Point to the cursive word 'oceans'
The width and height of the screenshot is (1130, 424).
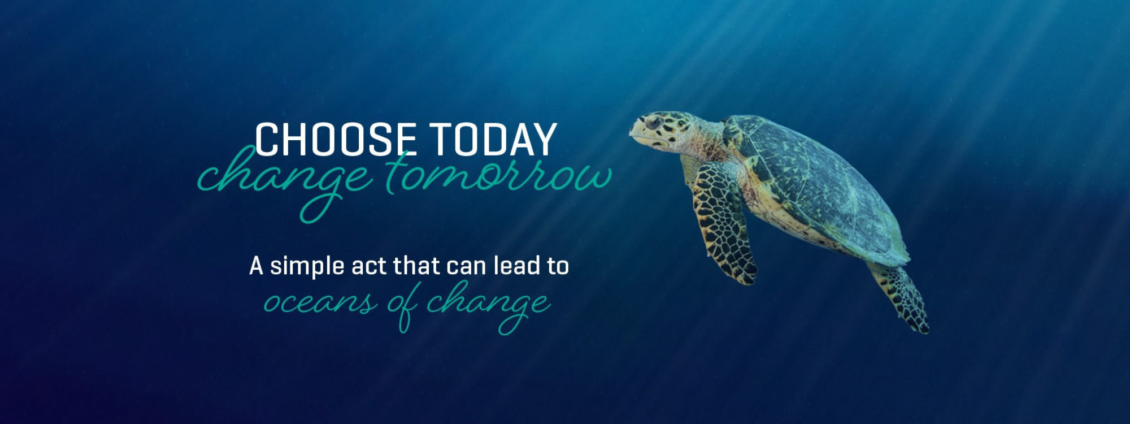[x=320, y=302]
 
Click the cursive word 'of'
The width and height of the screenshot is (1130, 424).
[x=403, y=306]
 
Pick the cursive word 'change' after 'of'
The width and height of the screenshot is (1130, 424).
[x=488, y=305]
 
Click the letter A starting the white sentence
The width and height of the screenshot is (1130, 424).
[x=256, y=266]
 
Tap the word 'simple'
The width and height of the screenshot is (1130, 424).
[x=307, y=267]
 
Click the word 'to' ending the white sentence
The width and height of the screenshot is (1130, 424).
[x=558, y=266]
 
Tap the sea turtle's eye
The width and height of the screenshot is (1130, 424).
[x=654, y=122]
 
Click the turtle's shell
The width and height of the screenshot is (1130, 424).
[x=819, y=187]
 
